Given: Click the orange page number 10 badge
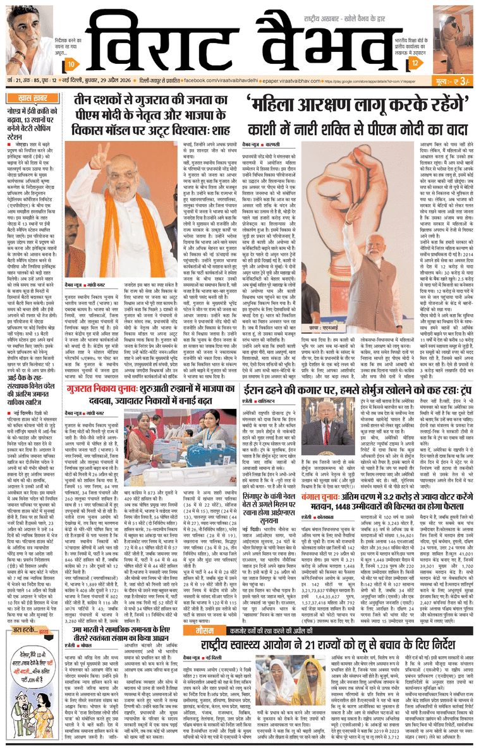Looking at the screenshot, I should coord(72,64).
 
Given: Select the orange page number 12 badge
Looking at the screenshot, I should coord(415,64).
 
